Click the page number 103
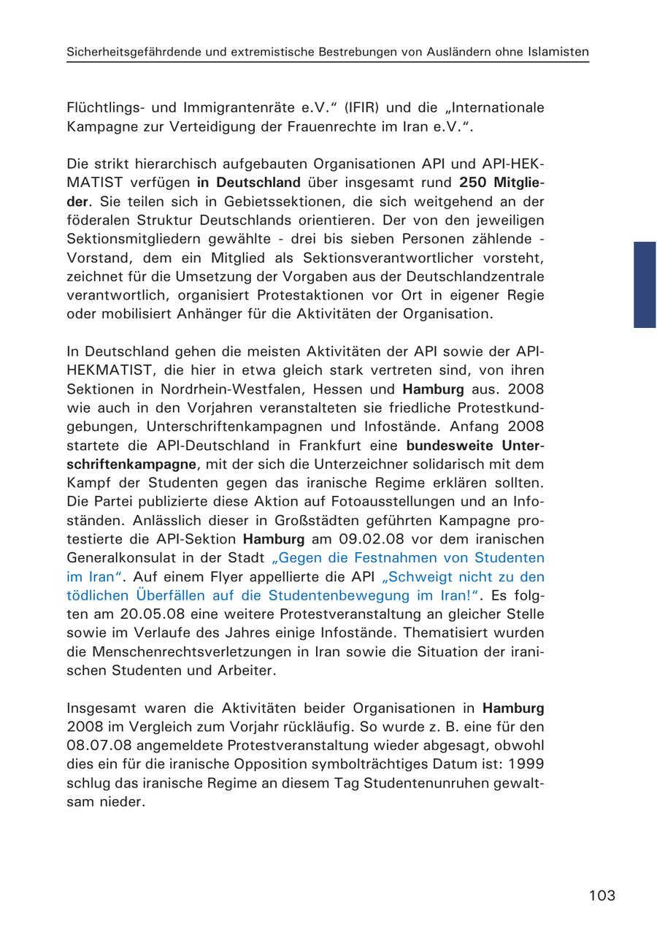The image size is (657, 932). [x=602, y=895]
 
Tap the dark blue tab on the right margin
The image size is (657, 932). [x=644, y=285]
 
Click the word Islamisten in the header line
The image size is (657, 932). [x=558, y=52]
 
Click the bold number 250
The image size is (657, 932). [x=476, y=183]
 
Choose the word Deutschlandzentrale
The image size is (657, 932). [x=472, y=277]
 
